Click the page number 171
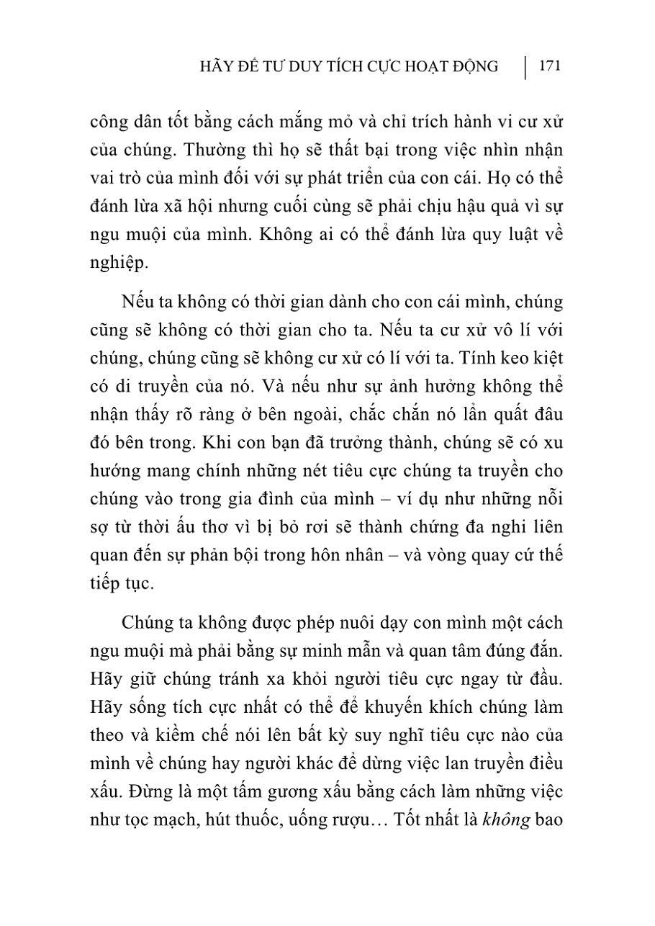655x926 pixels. (x=549, y=66)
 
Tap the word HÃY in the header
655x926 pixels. (x=217, y=67)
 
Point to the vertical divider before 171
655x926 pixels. (x=526, y=67)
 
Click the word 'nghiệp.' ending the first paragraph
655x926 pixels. (x=119, y=263)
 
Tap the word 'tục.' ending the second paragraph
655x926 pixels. (x=136, y=583)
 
